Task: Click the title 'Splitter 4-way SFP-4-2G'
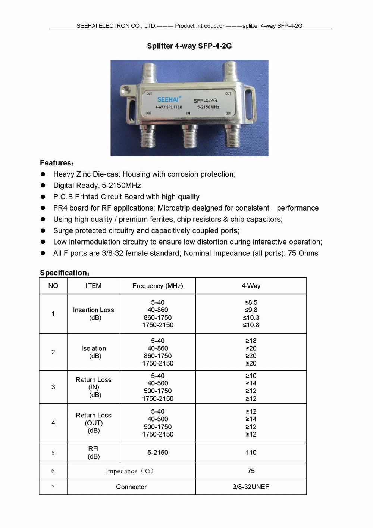click(189, 46)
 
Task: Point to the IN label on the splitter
click(188, 113)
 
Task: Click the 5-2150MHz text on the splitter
click(208, 107)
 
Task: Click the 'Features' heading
click(57, 163)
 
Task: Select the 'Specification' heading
click(65, 273)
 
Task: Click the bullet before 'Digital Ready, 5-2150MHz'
click(43, 186)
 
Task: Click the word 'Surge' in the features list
click(64, 231)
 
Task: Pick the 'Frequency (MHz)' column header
click(157, 286)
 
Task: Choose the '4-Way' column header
click(251, 286)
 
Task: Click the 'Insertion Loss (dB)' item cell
click(94, 314)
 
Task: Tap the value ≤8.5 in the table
click(251, 302)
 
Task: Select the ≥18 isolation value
click(251, 341)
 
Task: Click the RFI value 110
click(251, 453)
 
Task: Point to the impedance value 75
click(251, 471)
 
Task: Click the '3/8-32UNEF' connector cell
click(251, 487)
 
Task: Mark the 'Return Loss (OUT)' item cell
click(94, 423)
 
